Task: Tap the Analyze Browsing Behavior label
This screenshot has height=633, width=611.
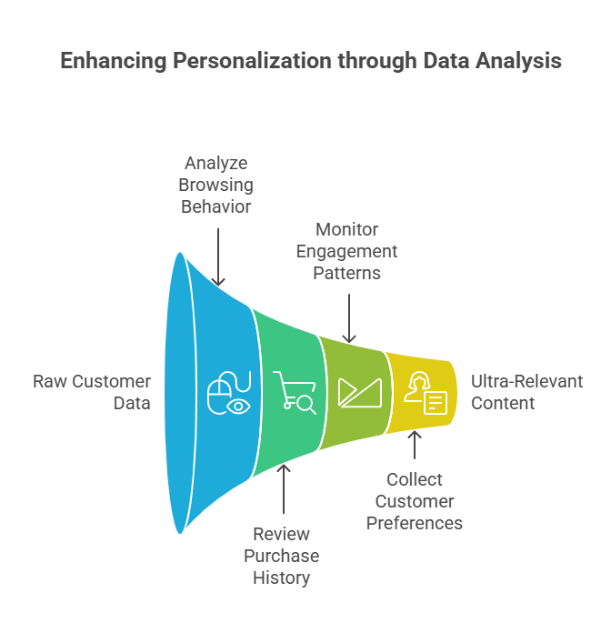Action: coord(217,185)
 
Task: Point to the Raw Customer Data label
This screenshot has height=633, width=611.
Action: coord(92,392)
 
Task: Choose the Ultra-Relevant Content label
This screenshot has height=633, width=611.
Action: coord(526,392)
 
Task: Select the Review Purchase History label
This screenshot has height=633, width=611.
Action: coord(281,556)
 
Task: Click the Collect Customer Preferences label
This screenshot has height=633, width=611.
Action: coord(415,501)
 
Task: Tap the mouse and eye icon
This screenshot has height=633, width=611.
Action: coord(227,394)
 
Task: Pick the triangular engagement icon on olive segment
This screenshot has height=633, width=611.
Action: coord(356,392)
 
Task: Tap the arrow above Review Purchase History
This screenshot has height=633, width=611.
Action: coord(284,491)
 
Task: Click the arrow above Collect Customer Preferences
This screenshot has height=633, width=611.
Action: coord(415,447)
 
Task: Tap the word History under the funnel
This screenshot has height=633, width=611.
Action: coord(281,578)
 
